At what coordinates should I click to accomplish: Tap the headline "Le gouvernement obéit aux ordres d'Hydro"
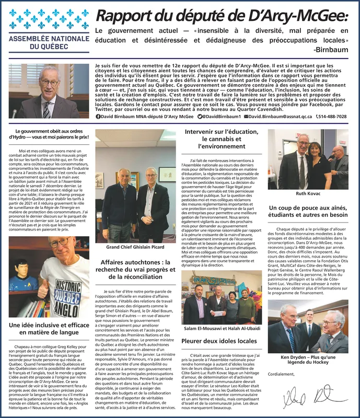tap(49, 134)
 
